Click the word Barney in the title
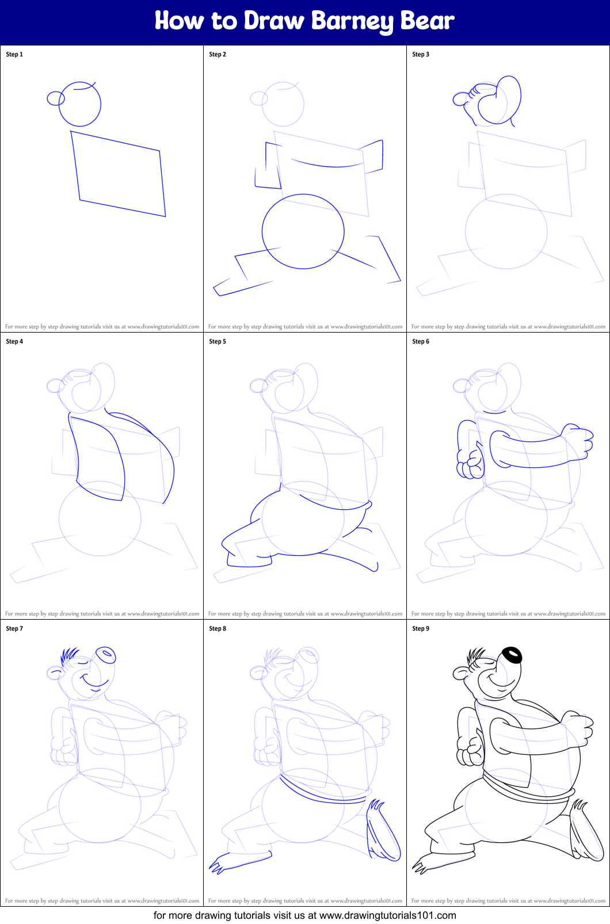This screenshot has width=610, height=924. pos(352,21)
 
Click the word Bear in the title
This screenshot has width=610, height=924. pos(427,21)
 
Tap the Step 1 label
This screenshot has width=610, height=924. pos(14,54)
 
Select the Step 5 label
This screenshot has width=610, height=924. pos(218,341)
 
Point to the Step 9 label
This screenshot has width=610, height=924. pos(421,628)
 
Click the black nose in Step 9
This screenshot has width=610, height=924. pos(512,655)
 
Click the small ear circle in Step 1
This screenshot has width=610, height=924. pos(55,98)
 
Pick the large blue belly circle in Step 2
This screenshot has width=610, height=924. pos(303,231)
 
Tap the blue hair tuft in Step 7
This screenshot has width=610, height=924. pos(69,655)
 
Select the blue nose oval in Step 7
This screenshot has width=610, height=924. pos(105,655)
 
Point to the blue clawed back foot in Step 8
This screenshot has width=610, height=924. pos(382,832)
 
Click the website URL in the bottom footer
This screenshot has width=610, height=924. pos(387,915)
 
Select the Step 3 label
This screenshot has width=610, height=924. pos(421,54)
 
